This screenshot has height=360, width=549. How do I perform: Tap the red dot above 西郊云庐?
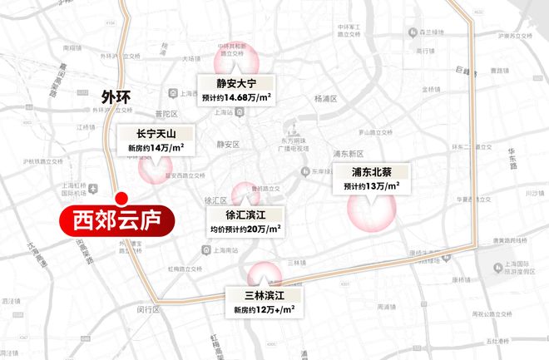tap(121, 199)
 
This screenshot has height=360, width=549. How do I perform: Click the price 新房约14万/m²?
tap(156, 148)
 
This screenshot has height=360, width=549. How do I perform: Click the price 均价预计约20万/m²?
tap(245, 227)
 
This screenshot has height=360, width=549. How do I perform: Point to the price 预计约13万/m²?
tap(370, 187)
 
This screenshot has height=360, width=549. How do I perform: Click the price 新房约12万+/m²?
tap(265, 310)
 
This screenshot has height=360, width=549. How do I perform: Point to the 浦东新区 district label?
tap(347, 154)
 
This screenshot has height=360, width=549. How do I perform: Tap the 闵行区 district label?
tap(148, 309)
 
